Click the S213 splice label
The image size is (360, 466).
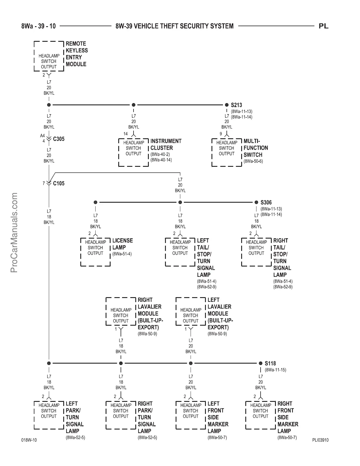tap(236, 105)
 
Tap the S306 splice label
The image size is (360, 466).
tap(266, 202)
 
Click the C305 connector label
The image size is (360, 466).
tap(59, 139)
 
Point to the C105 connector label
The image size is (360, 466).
tap(59, 183)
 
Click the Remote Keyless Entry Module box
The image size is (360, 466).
tap(49, 56)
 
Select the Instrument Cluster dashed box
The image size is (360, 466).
tap(134, 152)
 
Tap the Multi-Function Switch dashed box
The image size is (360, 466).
tap(227, 152)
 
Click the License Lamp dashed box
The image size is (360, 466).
tap(95, 252)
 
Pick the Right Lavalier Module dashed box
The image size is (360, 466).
tap(121, 312)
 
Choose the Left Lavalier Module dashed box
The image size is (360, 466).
tap(191, 312)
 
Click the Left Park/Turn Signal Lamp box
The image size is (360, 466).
tap(49, 415)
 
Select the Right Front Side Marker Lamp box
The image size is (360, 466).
tap(260, 415)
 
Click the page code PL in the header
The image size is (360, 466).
tap(324, 26)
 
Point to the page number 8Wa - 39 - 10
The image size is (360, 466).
tap(39, 26)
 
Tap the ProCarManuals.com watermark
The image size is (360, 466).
tap(14, 232)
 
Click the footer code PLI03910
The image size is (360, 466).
tap(320, 440)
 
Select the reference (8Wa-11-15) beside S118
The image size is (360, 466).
tap(276, 370)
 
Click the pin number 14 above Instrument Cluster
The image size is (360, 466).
tap(126, 134)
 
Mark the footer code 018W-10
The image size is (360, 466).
tap(29, 440)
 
